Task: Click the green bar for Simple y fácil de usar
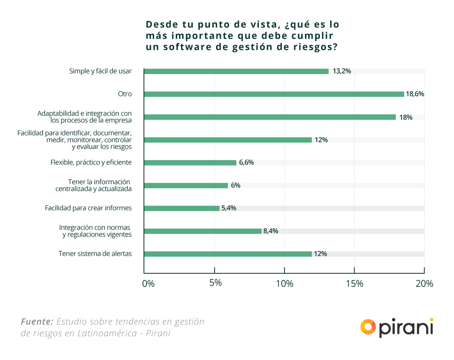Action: (x=236, y=71)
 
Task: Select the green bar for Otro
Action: (x=274, y=94)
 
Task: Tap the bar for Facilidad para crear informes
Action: (x=182, y=208)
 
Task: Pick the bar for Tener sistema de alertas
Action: (x=228, y=254)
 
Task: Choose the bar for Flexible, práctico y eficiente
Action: (x=190, y=163)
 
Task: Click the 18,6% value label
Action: (x=415, y=94)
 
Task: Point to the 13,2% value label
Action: (x=342, y=71)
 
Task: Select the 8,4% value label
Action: (x=271, y=231)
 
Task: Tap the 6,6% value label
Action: (x=246, y=163)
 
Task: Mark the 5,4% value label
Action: (x=229, y=208)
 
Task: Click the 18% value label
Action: (x=406, y=117)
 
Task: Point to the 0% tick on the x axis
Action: (x=148, y=284)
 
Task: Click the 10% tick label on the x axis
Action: (x=285, y=284)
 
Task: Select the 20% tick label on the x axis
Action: (x=424, y=284)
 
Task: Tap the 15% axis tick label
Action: (x=354, y=284)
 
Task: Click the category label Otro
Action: (x=125, y=94)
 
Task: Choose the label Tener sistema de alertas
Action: (x=95, y=254)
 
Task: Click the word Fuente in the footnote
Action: (x=37, y=322)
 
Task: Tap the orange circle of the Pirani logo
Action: (x=368, y=326)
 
